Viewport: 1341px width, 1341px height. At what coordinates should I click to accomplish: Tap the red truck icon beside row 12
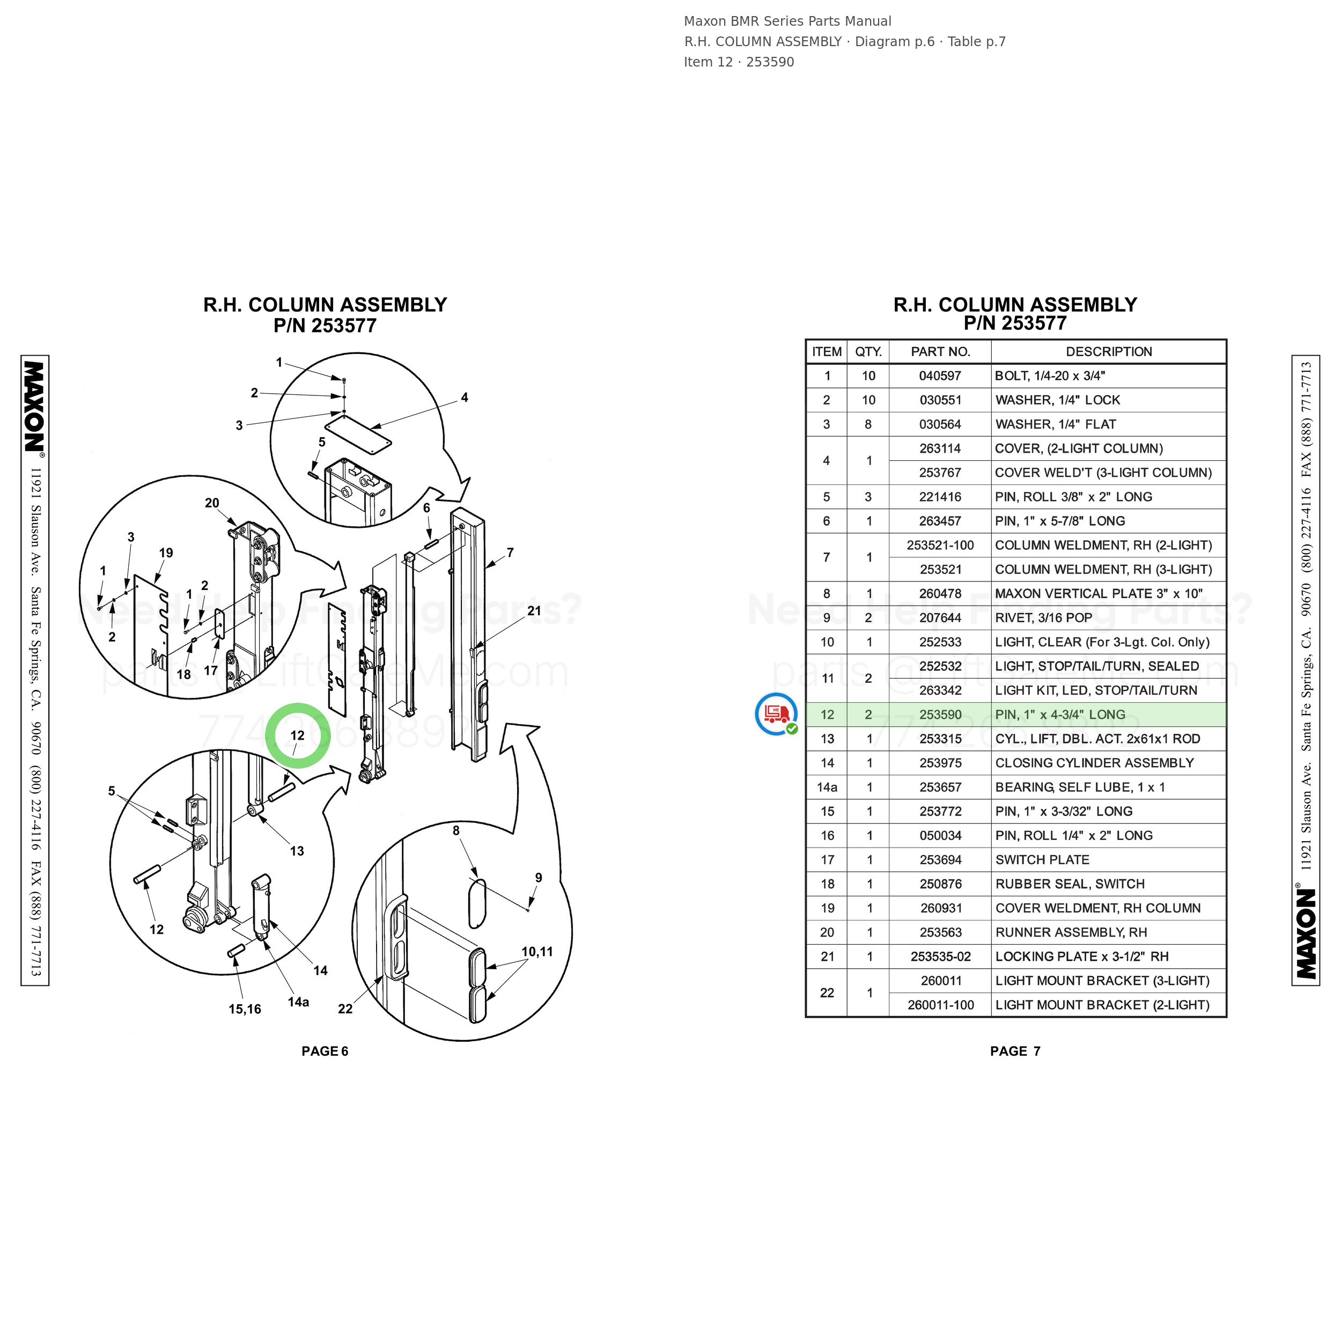point(777,713)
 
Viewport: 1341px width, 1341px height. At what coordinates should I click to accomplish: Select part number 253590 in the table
point(940,714)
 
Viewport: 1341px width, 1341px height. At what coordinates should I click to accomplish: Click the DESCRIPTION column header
point(1109,352)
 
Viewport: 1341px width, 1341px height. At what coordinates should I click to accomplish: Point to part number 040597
point(940,376)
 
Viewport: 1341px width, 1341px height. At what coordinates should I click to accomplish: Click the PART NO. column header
point(940,352)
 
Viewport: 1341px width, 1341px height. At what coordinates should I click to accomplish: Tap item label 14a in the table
point(827,787)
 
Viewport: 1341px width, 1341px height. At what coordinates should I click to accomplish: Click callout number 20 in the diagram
point(212,503)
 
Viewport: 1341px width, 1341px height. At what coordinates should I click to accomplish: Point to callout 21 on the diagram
point(534,611)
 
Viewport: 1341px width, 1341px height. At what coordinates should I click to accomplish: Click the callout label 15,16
point(245,1009)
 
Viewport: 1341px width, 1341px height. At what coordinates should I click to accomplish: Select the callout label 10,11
point(537,952)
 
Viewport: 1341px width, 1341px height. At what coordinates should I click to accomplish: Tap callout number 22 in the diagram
point(345,1008)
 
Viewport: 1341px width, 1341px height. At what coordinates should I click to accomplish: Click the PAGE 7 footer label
point(1015,1051)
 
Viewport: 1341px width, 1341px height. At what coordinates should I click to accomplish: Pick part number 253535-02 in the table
point(940,956)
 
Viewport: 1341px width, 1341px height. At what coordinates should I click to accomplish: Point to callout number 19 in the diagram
point(166,553)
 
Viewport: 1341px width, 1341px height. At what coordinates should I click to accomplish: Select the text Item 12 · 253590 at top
point(739,62)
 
